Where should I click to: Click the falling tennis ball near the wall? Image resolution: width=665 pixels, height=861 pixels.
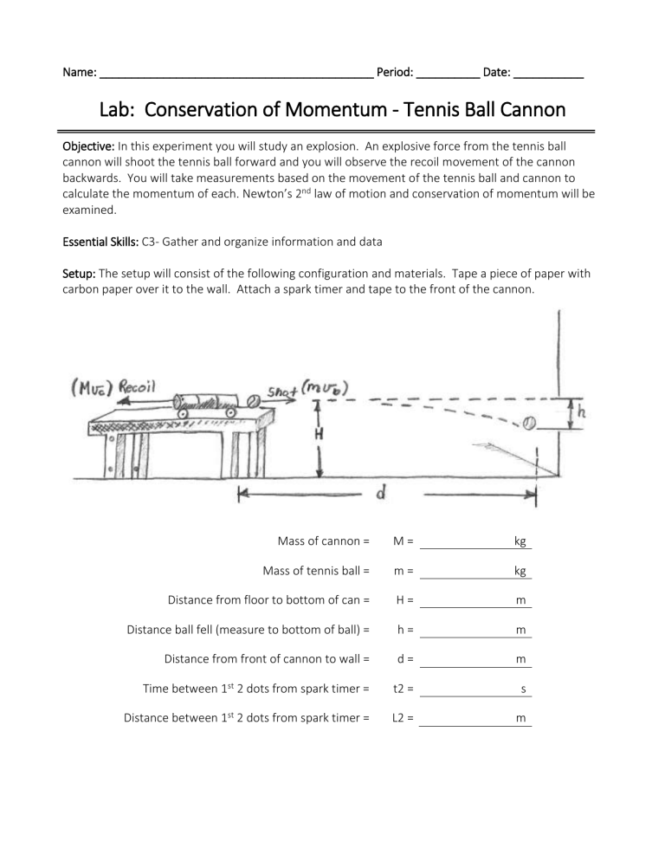tap(529, 423)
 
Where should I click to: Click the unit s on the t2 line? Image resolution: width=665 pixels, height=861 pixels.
tap(523, 690)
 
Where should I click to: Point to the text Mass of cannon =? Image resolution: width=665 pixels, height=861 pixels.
tap(323, 541)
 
